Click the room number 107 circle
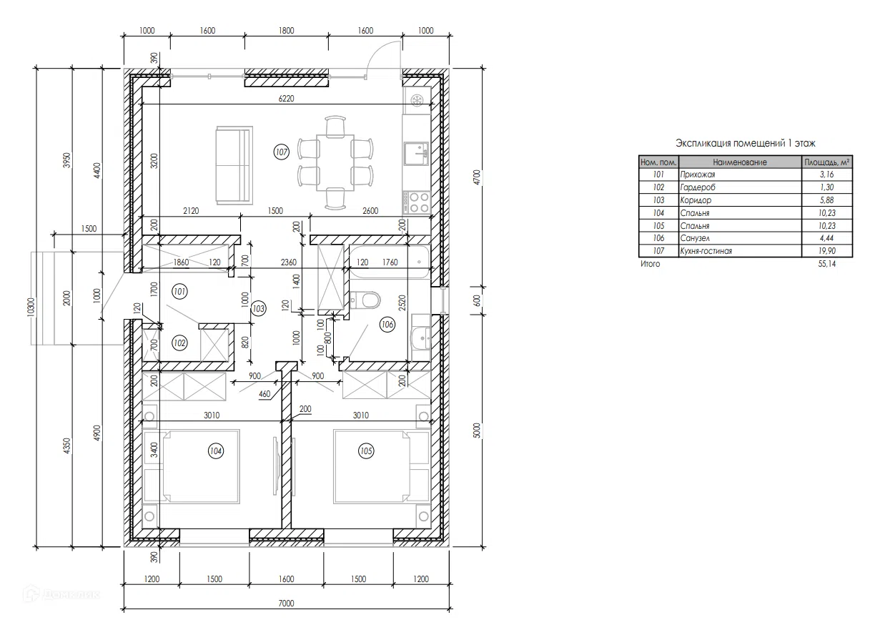pyautogui.click(x=281, y=152)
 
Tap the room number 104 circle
pyautogui.click(x=216, y=451)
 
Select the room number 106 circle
pyautogui.click(x=387, y=325)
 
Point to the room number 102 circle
pyautogui.click(x=179, y=343)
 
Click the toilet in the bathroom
pyautogui.click(x=365, y=300)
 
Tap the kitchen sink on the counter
pyautogui.click(x=416, y=154)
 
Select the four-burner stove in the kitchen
pyautogui.click(x=416, y=202)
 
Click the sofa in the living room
pyautogui.click(x=234, y=164)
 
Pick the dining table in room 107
pyautogui.click(x=335, y=163)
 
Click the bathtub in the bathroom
pyautogui.click(x=390, y=262)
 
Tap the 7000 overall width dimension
pyautogui.click(x=286, y=604)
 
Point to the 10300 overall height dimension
pyautogui.click(x=31, y=307)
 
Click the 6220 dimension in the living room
pyautogui.click(x=286, y=99)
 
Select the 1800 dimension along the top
pyautogui.click(x=286, y=30)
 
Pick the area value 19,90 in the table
pyautogui.click(x=827, y=251)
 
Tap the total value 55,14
pyautogui.click(x=827, y=264)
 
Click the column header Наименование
pyautogui.click(x=740, y=162)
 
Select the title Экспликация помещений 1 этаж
pyautogui.click(x=746, y=143)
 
